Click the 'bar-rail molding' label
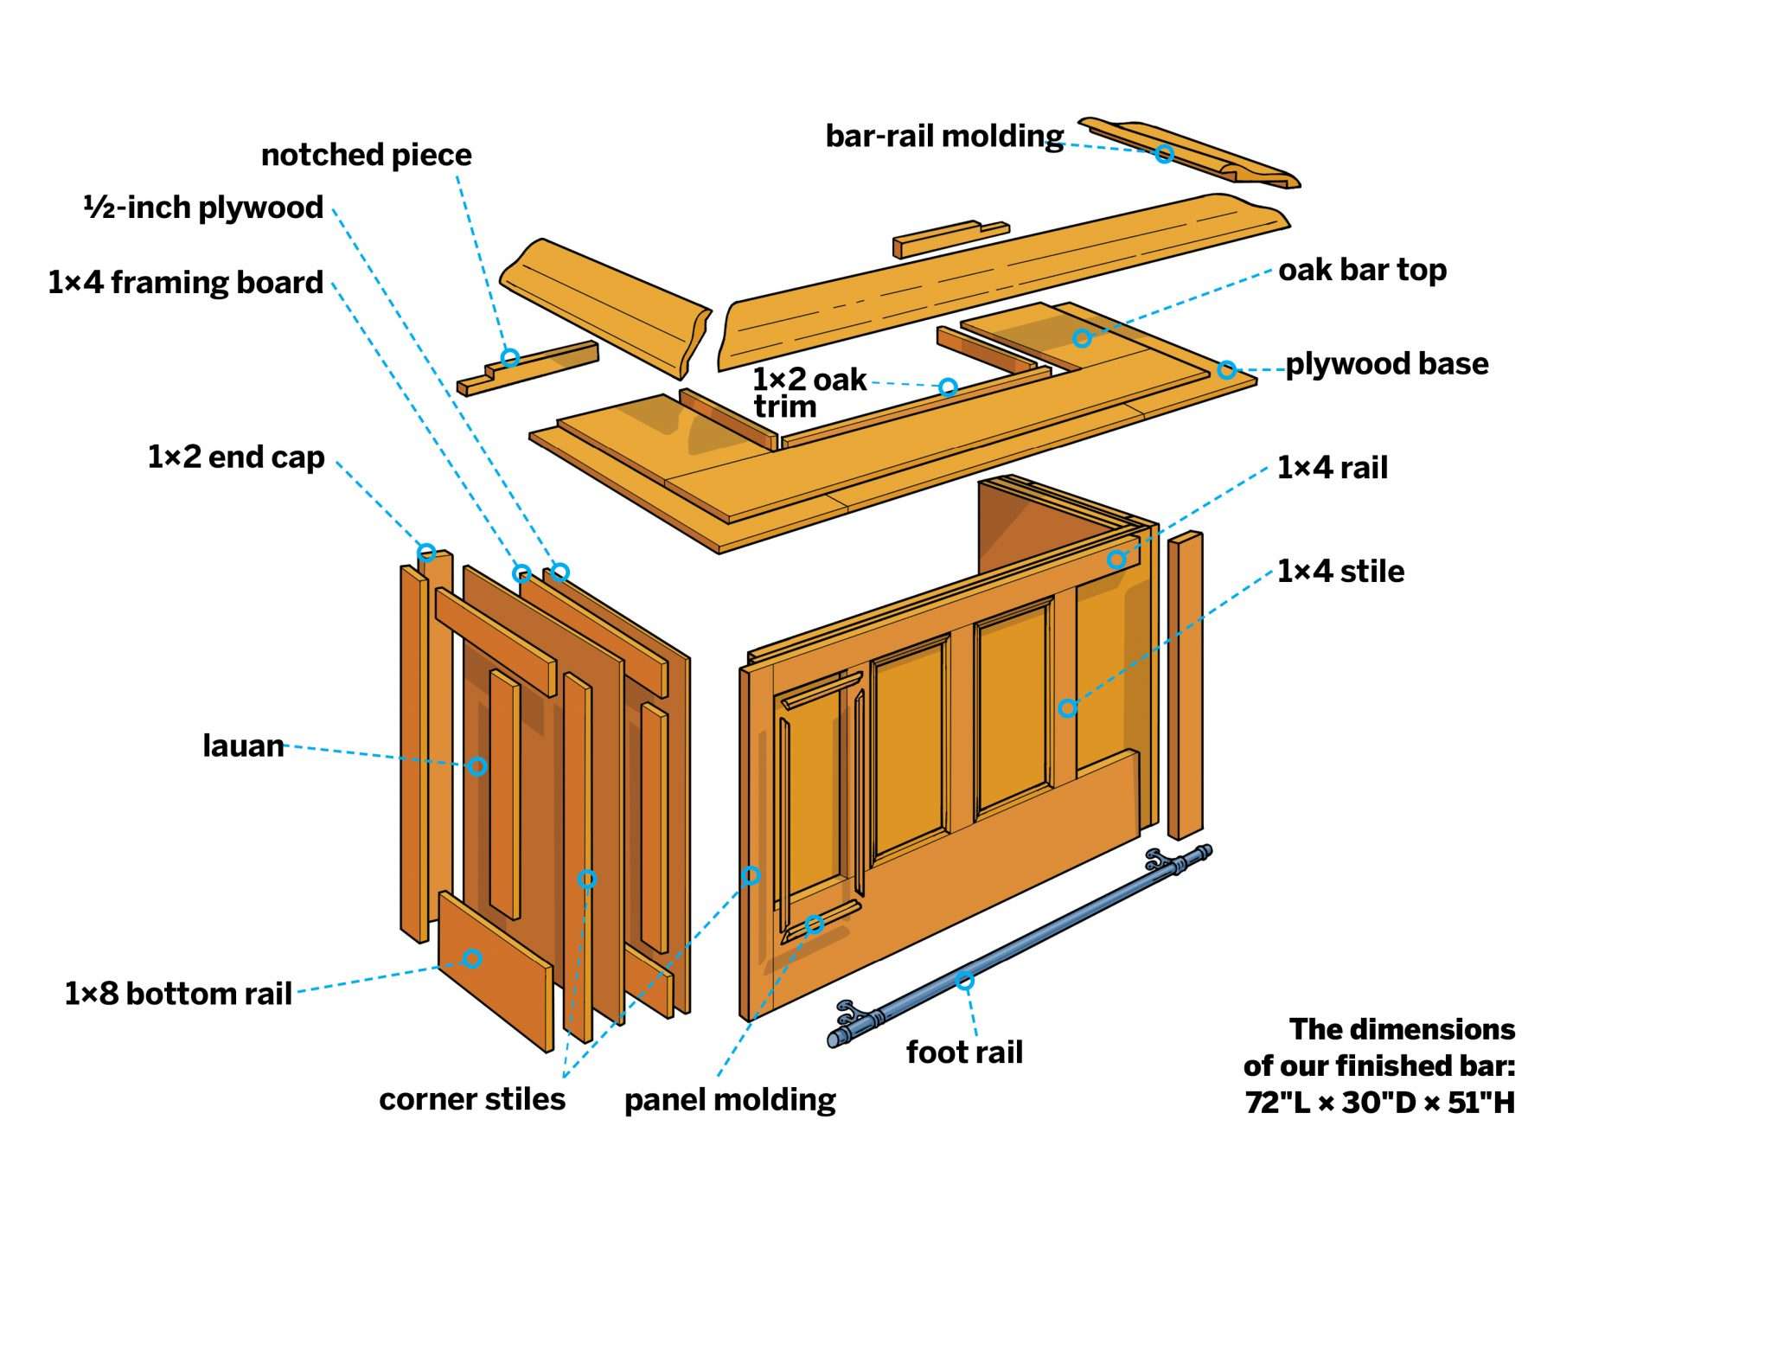click(x=943, y=137)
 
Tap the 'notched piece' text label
click(x=366, y=155)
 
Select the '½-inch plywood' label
click(x=203, y=208)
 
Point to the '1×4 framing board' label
click(x=185, y=283)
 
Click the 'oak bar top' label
click(x=1362, y=270)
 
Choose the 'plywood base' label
click(x=1386, y=364)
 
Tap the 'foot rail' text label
click(x=964, y=1052)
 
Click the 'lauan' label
click(x=243, y=745)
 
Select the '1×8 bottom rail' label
click(x=178, y=994)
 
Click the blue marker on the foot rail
click(x=964, y=980)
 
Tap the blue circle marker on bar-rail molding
click(x=1164, y=154)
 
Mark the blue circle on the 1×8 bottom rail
click(x=472, y=958)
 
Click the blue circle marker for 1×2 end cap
click(x=426, y=552)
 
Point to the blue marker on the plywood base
click(x=1226, y=370)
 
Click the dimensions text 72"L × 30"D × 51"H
click(x=1379, y=1103)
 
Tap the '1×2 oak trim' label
click(x=808, y=391)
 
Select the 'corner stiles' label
click(x=471, y=1099)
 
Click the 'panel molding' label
click(x=730, y=1100)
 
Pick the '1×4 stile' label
click(x=1340, y=572)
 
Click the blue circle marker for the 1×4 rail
click(x=1116, y=560)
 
